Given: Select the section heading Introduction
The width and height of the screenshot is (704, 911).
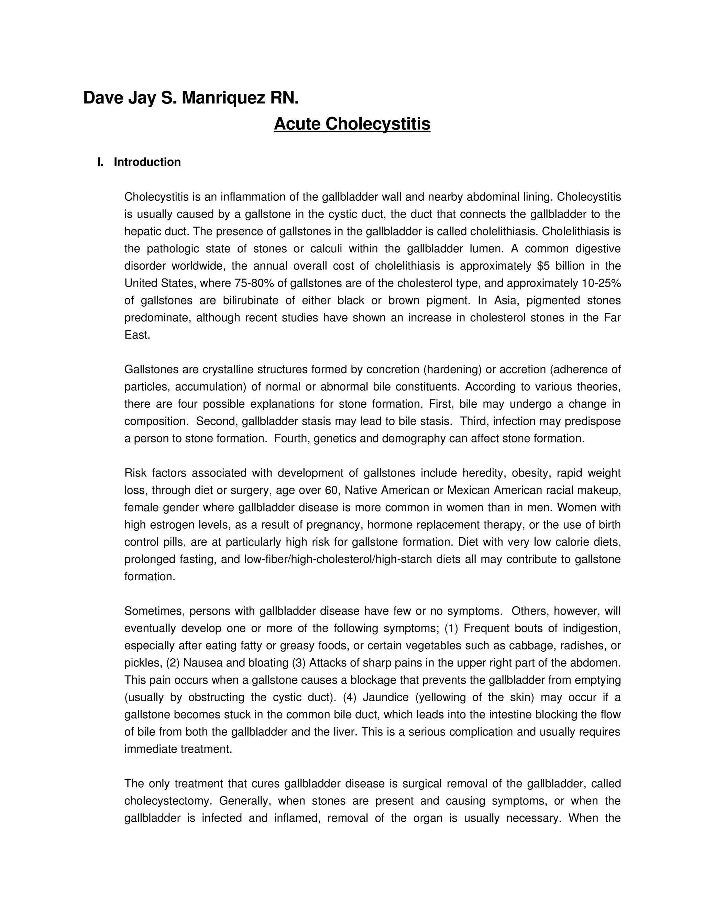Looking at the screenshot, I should [x=147, y=162].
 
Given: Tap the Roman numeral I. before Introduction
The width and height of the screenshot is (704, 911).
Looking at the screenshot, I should [x=100, y=162].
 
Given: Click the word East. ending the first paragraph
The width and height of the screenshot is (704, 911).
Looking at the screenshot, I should [x=137, y=335].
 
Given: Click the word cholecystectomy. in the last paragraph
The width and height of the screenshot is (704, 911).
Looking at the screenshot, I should [x=169, y=801].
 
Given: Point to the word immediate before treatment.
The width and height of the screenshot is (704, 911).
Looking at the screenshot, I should [x=151, y=749].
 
